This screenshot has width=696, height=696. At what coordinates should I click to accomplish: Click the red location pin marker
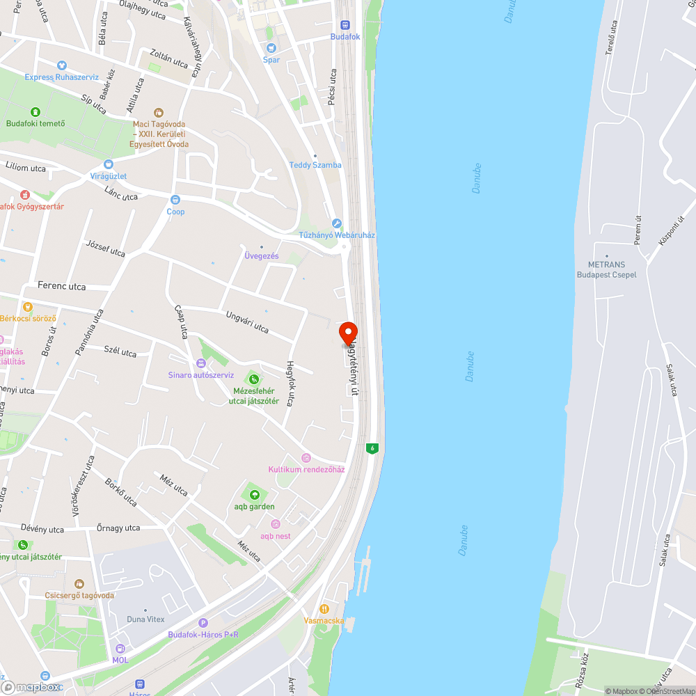point(348,332)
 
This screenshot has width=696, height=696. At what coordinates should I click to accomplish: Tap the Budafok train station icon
point(345,25)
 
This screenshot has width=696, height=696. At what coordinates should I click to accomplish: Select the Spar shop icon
point(271,48)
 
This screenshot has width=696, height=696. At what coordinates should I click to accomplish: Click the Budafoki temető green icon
point(35,111)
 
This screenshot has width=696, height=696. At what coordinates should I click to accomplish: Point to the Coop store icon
point(175,200)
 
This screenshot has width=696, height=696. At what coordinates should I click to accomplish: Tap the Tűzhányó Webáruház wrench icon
point(337,223)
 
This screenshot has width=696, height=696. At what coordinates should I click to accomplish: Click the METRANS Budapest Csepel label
point(606,269)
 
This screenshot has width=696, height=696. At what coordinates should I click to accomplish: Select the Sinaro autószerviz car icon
point(201,363)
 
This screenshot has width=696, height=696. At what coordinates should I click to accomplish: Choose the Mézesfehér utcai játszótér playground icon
point(254,379)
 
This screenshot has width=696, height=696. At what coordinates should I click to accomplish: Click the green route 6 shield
point(373,448)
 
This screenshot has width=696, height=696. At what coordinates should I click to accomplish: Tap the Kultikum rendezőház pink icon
point(306,457)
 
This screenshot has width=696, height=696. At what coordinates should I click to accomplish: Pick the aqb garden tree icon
point(254,495)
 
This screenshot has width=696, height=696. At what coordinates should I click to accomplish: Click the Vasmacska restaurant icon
point(324,608)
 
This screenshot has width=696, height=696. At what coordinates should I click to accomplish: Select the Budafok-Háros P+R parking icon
point(203,623)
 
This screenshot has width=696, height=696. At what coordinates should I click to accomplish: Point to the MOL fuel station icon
point(120,649)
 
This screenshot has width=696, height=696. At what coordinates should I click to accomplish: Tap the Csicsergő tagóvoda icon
point(79,584)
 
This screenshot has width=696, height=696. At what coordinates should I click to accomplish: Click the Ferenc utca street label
point(62,286)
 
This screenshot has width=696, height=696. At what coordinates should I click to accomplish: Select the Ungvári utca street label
point(246,322)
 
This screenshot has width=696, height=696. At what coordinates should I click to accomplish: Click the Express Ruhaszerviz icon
point(61,65)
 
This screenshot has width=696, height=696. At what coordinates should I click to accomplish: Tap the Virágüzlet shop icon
point(108,164)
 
